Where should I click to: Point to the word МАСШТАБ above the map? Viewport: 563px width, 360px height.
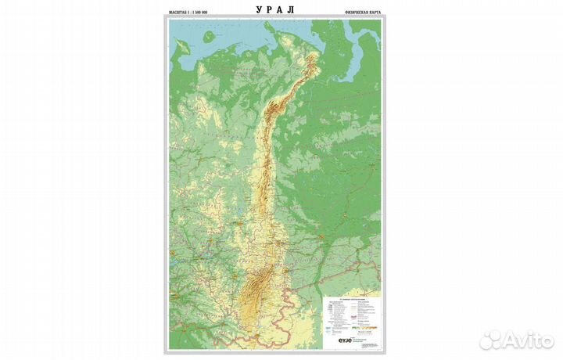pyautogui.click(x=181, y=14)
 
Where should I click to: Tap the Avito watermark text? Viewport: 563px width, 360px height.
pyautogui.click(x=529, y=339)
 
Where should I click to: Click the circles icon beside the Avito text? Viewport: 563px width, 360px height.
pyautogui.click(x=490, y=339)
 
